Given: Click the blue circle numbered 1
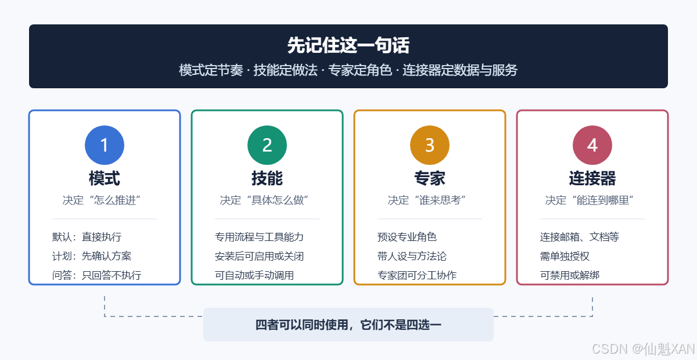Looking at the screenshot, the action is coord(105,145).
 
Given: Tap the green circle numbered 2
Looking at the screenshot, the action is coord(267,145).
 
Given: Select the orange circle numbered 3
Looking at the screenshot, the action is coord(430,145).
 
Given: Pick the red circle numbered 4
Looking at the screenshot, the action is coord(592,145).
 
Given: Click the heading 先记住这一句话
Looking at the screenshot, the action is coord(348,45).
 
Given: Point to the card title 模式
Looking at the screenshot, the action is coord(105,178).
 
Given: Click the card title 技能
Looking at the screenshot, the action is coord(267,178).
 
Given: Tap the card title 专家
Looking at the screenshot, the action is coord(430,178).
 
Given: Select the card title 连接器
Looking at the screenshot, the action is coord(592,178).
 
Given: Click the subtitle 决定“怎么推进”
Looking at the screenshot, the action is coord(102,200).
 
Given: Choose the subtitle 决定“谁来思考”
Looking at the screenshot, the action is coord(427,200).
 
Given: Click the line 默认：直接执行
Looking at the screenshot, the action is coord(87,237).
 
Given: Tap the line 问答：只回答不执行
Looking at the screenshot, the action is coord(97,275).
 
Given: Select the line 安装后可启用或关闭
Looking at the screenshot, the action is coord(259,256).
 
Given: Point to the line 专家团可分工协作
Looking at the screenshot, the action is coord(417,275).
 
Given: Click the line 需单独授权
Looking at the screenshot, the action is coord(565,256).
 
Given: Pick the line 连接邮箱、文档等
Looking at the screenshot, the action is coord(580,237).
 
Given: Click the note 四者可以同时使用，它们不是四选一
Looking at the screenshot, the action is coord(348,325).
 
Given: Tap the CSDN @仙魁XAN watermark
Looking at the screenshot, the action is coord(643,349).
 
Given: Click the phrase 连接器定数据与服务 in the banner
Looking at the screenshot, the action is coord(460,70).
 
